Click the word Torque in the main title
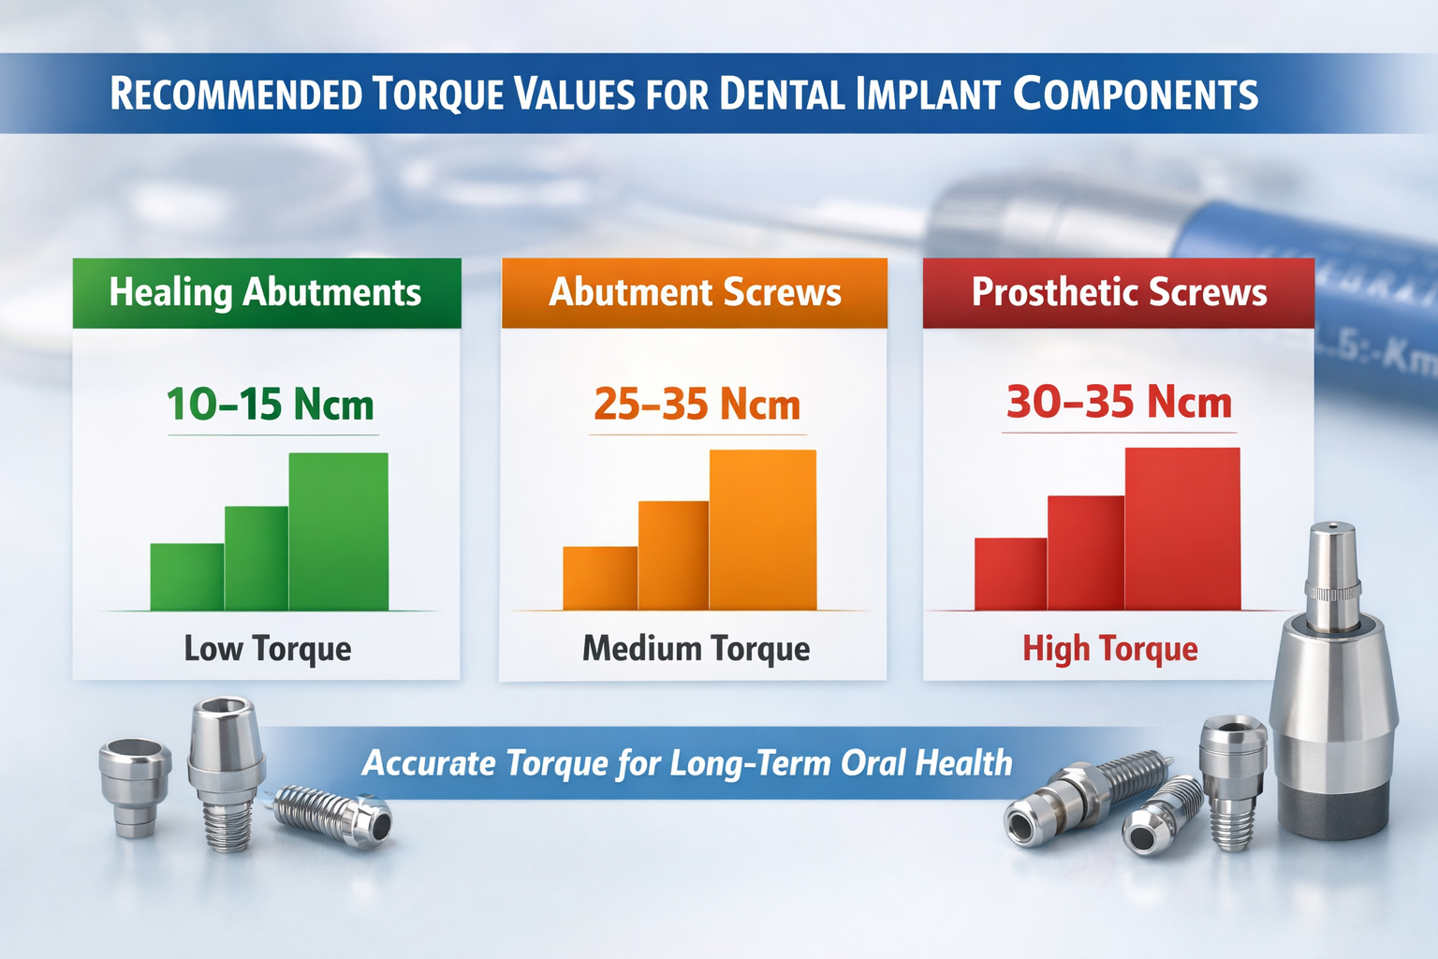click(437, 95)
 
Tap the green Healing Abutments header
click(266, 293)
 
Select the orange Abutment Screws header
click(695, 293)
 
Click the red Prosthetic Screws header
click(1119, 293)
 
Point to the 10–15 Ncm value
click(271, 405)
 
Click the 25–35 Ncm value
click(697, 405)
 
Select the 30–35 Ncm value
click(1119, 403)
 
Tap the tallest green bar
click(338, 531)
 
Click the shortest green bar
click(187, 577)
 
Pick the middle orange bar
click(673, 555)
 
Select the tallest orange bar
click(762, 530)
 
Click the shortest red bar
click(1010, 574)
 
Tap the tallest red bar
click(1182, 529)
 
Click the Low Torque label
click(268, 648)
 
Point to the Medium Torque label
click(696, 648)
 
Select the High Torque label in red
click(1109, 648)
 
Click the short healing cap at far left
click(136, 782)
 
